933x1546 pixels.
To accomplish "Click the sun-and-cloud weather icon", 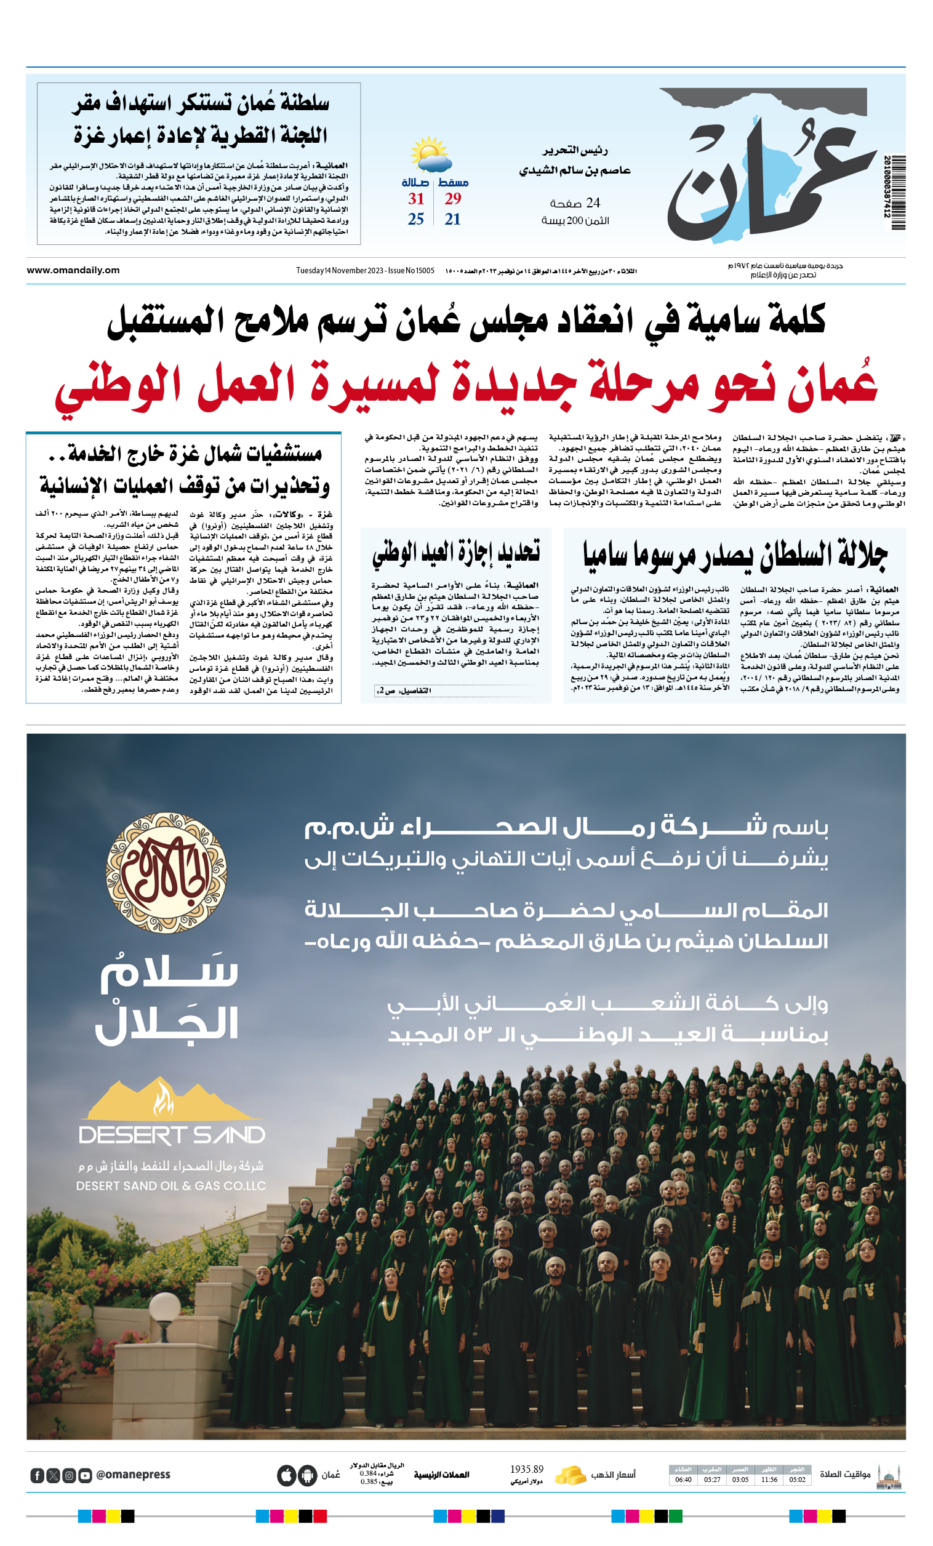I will point(431,154).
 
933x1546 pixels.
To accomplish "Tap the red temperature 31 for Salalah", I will point(416,199).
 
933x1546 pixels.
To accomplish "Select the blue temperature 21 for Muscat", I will point(452,219).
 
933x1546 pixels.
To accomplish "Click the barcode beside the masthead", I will point(897,192).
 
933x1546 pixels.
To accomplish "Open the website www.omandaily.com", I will point(73,270).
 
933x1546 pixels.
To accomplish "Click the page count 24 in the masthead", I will point(592,202).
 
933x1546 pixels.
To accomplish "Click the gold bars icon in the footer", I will point(571,1476).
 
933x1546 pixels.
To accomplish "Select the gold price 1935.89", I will point(526,1470).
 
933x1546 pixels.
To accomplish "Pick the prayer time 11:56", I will point(769,1480).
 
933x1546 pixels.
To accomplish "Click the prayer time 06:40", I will point(683,1480).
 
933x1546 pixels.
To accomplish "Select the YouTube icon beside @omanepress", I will point(85,1476).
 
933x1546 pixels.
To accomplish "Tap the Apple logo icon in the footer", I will point(286,1476).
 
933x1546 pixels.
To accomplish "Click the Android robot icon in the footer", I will point(308,1476).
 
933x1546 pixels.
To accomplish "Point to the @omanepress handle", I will point(133,1475).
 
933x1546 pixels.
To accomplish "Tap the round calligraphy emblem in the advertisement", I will point(167,873).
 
